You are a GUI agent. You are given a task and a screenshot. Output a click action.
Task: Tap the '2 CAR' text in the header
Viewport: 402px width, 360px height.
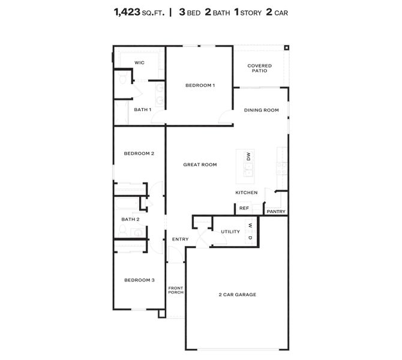(272, 11)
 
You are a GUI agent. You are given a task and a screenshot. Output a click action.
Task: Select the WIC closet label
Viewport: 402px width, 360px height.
(139, 62)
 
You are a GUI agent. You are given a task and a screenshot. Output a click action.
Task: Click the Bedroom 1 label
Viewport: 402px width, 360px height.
(200, 85)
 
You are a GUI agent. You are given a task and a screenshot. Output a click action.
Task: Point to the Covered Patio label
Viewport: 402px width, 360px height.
(260, 68)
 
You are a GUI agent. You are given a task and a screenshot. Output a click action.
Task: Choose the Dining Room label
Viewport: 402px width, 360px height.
(261, 110)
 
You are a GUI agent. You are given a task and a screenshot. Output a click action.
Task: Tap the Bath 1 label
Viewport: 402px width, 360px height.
(142, 110)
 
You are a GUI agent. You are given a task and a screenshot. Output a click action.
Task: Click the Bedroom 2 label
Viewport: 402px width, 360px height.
(139, 154)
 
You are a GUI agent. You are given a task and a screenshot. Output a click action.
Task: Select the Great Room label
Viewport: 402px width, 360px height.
(200, 164)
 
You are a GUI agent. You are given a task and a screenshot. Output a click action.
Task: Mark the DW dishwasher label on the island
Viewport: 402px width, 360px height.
(248, 156)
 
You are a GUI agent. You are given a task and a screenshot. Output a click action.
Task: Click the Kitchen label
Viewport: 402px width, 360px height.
(246, 193)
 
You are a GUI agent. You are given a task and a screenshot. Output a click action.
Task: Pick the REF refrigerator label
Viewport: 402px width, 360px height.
(244, 208)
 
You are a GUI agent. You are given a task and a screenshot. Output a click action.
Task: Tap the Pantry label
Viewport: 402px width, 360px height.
(276, 211)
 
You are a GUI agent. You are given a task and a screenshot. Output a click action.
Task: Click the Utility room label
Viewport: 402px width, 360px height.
(230, 232)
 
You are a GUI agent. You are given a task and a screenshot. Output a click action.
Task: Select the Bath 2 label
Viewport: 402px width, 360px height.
(130, 220)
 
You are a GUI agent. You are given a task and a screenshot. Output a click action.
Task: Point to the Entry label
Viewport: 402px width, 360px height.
(180, 239)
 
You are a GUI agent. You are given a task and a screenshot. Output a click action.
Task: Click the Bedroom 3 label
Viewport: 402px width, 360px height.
(139, 280)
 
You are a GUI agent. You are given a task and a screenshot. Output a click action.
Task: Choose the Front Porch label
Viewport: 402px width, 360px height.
(175, 290)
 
